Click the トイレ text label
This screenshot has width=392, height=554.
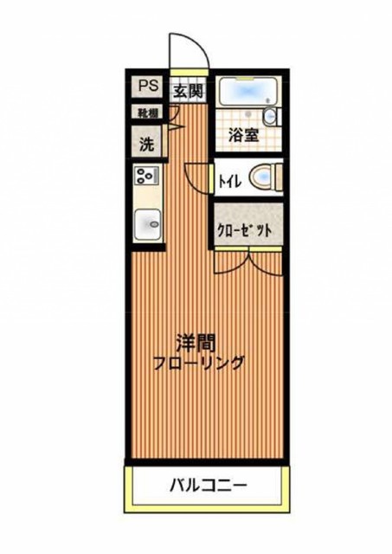tap(229, 180)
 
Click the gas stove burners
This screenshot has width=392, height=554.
tap(145, 177)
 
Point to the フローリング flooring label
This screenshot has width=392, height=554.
tap(200, 363)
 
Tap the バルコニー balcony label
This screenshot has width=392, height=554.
tap(207, 486)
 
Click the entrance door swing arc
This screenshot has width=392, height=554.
tap(188, 52)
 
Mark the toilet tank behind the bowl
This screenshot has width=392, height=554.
tap(276, 178)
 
